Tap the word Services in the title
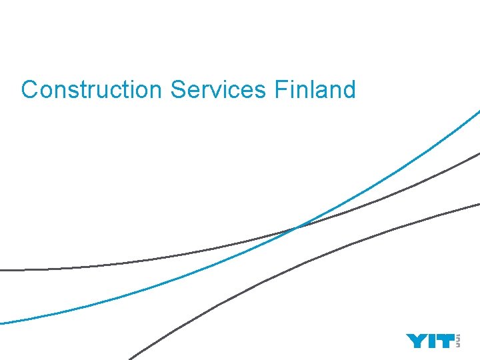pyautogui.click(x=217, y=89)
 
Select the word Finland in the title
pyautogui.click(x=315, y=89)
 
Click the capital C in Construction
pyautogui.click(x=29, y=89)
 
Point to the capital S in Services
pyautogui.click(x=178, y=89)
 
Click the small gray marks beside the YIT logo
pyautogui.click(x=458, y=341)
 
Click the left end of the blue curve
pyautogui.click(x=2, y=323)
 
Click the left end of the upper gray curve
pyautogui.click(x=2, y=270)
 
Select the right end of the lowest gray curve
pyautogui.click(x=477, y=203)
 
